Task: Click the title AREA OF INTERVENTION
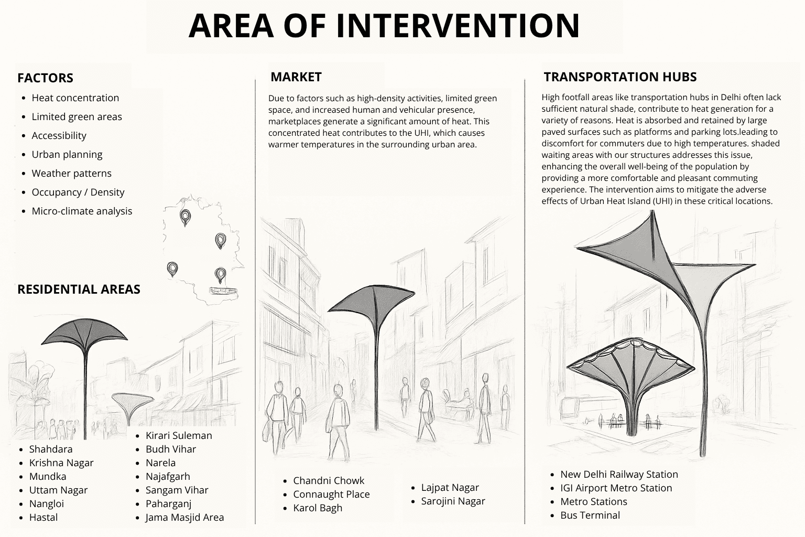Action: coord(384,25)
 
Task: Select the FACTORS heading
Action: coord(45,78)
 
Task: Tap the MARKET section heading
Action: coord(296,77)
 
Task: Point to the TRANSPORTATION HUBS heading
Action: coord(620,77)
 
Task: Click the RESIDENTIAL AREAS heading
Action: coord(79,289)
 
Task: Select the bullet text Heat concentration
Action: coord(75,98)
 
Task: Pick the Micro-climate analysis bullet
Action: coord(82,211)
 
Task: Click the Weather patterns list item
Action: coord(71,174)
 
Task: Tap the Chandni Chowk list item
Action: coord(329,480)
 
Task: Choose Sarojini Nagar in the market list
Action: coord(453,501)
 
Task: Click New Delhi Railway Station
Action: coord(619,475)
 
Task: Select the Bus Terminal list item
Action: coord(590,515)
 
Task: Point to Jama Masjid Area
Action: coord(184,518)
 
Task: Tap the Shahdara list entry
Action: coord(51,449)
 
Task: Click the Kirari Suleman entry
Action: coord(179,436)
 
